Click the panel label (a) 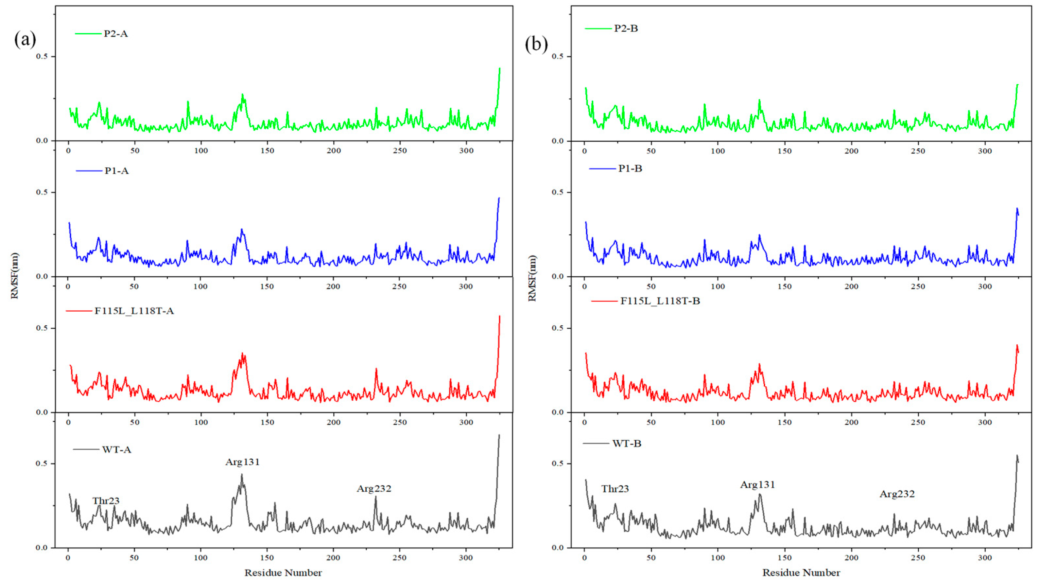25,40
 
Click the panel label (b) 536,44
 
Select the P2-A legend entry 115,33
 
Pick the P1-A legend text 116,171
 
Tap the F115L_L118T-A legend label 134,311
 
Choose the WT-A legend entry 116,450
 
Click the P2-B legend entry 626,28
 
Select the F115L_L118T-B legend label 660,301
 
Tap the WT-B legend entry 627,444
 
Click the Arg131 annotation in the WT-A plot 242,462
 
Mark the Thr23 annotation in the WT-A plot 106,501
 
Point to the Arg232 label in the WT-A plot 374,488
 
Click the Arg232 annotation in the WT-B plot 897,494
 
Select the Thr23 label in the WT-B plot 615,489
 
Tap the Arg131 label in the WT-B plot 757,485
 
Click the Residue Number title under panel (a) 283,573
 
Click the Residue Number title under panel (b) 801,573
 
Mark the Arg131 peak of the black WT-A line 242,475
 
